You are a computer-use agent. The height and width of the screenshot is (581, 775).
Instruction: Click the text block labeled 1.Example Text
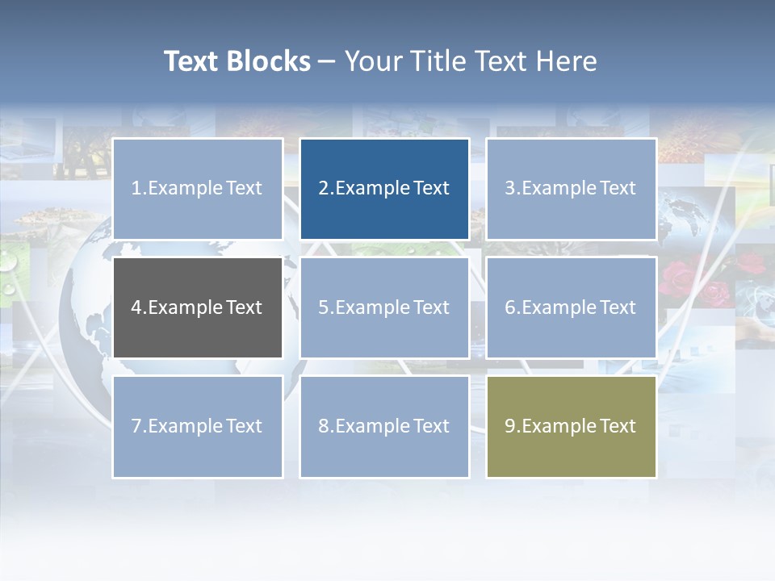198,189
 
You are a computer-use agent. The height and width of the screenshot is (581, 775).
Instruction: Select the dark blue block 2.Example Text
384,189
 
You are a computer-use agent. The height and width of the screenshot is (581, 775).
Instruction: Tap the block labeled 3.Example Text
571,189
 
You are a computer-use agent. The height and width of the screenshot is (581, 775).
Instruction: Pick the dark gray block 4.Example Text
198,307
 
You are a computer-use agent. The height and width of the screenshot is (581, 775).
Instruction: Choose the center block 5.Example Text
384,307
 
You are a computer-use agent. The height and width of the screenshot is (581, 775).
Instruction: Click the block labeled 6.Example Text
571,307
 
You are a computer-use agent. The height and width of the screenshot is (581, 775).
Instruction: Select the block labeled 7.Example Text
198,426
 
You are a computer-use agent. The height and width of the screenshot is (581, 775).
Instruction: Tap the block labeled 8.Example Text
384,426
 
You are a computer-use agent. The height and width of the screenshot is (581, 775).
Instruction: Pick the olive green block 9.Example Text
571,426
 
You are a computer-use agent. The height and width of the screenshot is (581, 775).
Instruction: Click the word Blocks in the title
268,61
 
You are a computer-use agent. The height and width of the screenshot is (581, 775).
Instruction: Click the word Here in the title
568,61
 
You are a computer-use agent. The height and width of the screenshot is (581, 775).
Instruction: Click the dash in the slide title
327,62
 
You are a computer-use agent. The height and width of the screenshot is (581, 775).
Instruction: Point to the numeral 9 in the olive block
510,426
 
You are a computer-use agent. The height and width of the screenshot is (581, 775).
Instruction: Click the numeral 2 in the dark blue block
324,189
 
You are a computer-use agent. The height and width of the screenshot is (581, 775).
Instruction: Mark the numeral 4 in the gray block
137,307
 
